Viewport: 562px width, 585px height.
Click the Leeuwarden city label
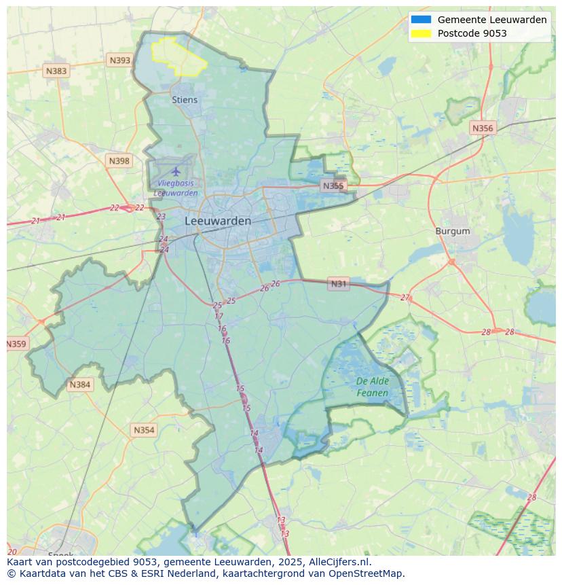(x=217, y=221)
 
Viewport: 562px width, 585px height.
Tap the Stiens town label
(x=185, y=100)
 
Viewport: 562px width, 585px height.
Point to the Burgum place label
(x=452, y=231)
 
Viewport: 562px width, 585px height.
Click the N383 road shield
(x=56, y=71)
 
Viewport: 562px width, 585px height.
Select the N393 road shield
(x=119, y=60)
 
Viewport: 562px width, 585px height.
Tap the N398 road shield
(x=119, y=161)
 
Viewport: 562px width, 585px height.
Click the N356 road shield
(x=483, y=128)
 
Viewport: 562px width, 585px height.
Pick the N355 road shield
(x=333, y=185)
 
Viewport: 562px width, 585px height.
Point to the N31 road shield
(x=339, y=284)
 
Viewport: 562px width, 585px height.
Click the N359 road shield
(x=16, y=344)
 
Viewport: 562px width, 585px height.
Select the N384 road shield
(x=79, y=385)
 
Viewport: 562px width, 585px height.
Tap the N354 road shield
(x=144, y=430)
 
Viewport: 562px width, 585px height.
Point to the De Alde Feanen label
(x=373, y=387)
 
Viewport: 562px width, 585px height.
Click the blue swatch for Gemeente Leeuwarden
(x=421, y=20)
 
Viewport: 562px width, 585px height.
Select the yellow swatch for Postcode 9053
(x=421, y=33)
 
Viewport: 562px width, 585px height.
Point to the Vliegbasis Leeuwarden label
(x=176, y=188)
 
